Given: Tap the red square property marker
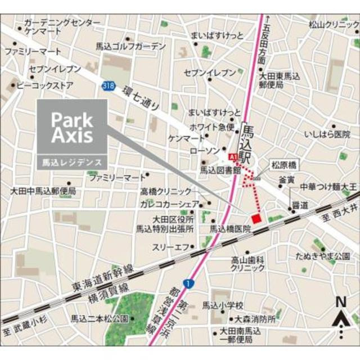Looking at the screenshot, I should [256, 218].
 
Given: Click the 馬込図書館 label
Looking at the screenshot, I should [220, 169].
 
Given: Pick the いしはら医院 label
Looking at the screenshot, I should [327, 135].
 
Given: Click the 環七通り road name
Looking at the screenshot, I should [141, 100].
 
